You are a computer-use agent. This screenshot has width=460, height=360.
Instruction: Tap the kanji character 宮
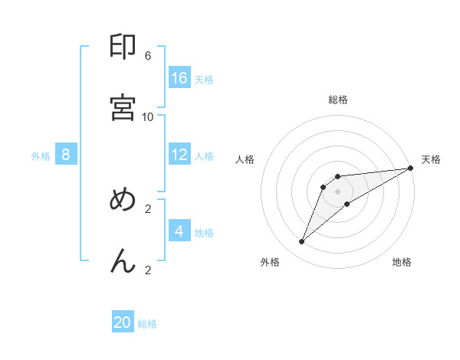pyautogui.click(x=123, y=107)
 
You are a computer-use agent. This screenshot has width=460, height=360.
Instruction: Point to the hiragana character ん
pyautogui.click(x=123, y=261)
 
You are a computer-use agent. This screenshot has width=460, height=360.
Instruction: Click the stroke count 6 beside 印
pyautogui.click(x=148, y=55)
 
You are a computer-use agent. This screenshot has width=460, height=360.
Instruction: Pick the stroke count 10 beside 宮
pyautogui.click(x=148, y=116)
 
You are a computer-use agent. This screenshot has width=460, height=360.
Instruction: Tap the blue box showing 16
pyautogui.click(x=179, y=77)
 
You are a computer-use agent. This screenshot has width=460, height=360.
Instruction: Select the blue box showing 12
pyautogui.click(x=179, y=155)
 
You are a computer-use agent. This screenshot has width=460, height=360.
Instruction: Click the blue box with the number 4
pyautogui.click(x=179, y=231)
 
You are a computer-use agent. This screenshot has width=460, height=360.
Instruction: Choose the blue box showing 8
pyautogui.click(x=66, y=155)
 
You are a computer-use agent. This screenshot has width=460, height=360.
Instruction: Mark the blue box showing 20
pyautogui.click(x=123, y=322)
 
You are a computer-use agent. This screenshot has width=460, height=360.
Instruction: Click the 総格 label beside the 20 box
pyautogui.click(x=147, y=324)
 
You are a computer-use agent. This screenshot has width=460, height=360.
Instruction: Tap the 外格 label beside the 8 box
pyautogui.click(x=41, y=156)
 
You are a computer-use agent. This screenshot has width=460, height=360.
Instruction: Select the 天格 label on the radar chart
pyautogui.click(x=431, y=159)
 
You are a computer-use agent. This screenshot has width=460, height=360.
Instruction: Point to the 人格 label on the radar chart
pyautogui.click(x=245, y=159)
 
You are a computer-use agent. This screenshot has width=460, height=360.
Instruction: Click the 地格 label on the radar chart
pyautogui.click(x=402, y=263)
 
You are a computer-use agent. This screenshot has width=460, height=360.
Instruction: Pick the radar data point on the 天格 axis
pyautogui.click(x=411, y=169)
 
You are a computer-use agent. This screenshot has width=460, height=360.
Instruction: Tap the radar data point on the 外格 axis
pyautogui.click(x=302, y=242)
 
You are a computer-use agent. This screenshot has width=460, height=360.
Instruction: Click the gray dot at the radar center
pyautogui.click(x=338, y=191)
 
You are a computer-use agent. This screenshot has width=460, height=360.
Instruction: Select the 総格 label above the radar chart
pyautogui.click(x=338, y=100)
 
